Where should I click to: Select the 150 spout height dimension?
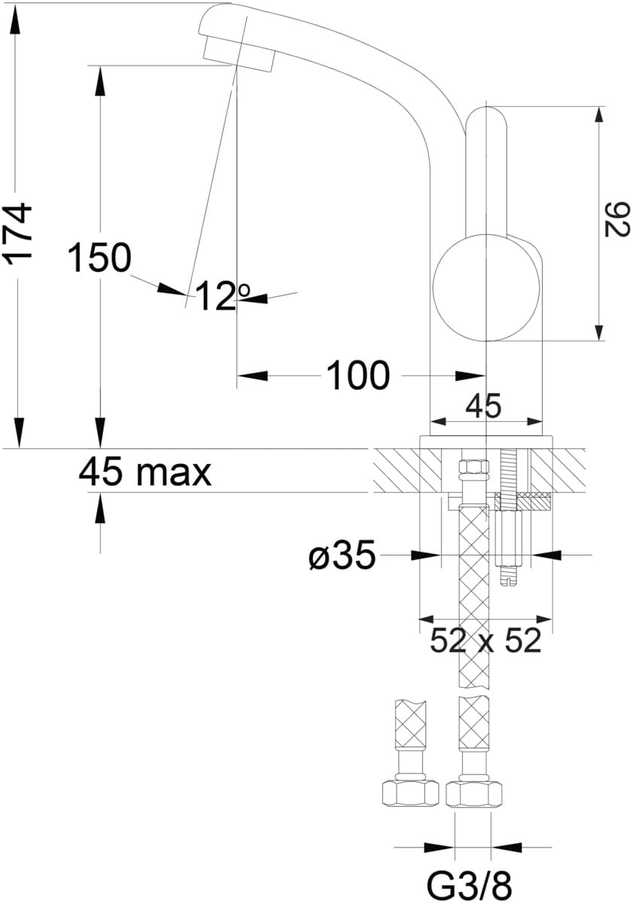(x=99, y=258)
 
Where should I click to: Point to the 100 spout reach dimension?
(x=358, y=375)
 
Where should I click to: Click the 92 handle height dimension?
(x=616, y=219)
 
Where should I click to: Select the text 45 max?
(x=145, y=472)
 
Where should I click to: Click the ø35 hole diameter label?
(x=342, y=556)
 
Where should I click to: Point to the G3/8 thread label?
(x=470, y=885)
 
